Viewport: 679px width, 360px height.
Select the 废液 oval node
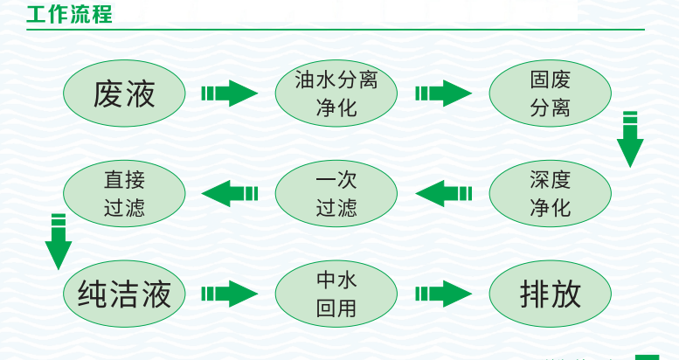point(124,93)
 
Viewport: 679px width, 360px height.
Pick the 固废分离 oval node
point(550,93)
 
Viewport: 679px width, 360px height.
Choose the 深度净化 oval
point(550,193)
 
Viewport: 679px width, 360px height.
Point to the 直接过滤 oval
point(124,193)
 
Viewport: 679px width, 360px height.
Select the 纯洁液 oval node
point(124,293)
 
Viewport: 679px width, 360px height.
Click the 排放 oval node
point(550,293)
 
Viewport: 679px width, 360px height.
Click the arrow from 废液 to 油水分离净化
point(230,93)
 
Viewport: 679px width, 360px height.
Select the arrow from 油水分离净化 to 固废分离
point(443,93)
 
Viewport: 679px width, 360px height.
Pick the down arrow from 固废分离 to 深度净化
point(629,139)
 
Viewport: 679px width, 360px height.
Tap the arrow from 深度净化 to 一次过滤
point(443,193)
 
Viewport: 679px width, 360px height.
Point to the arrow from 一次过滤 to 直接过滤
point(230,193)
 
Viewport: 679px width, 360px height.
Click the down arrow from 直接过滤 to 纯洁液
point(59,241)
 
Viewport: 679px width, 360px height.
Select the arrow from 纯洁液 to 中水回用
point(230,293)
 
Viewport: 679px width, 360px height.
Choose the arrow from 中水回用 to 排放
point(443,293)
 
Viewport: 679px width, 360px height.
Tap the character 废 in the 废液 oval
point(108,93)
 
